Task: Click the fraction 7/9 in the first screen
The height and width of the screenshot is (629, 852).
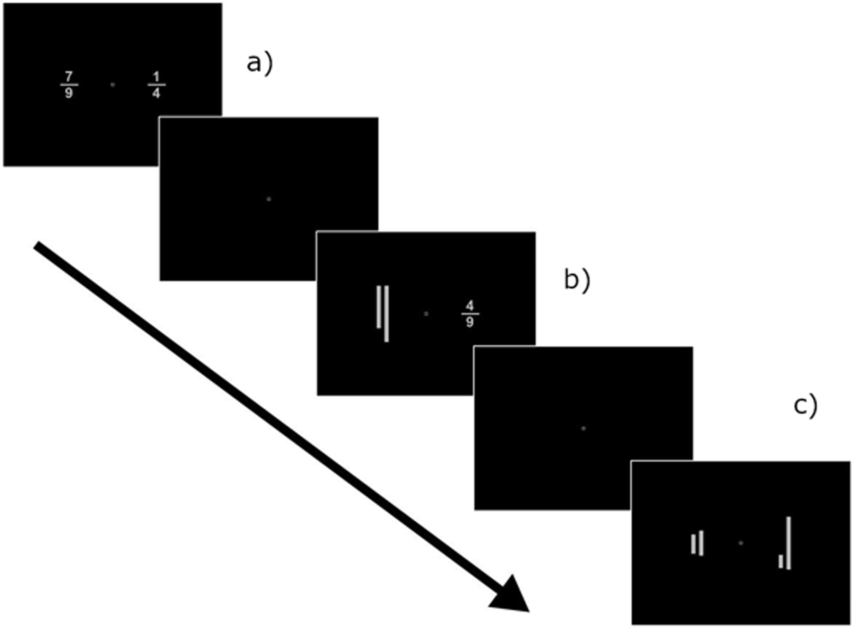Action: tap(69, 84)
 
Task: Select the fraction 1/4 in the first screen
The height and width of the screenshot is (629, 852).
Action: tap(156, 84)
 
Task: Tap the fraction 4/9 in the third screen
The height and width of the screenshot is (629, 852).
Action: tap(469, 313)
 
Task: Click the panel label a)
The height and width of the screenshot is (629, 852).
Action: tap(260, 63)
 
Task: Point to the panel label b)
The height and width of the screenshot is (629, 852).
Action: tap(577, 280)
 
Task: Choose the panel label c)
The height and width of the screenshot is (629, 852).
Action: tap(805, 405)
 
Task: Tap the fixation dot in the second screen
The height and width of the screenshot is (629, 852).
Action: tap(269, 199)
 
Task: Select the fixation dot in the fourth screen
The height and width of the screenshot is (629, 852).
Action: tap(583, 428)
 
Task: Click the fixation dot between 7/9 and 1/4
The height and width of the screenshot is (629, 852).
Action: tap(112, 84)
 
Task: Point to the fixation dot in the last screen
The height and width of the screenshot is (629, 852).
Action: tap(740, 543)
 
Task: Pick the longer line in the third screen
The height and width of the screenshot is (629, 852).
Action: tap(386, 313)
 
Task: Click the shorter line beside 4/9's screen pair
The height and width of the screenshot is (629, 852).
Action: tap(378, 307)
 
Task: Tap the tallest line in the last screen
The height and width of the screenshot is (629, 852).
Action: tap(788, 543)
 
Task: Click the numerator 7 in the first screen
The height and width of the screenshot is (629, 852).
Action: tap(69, 76)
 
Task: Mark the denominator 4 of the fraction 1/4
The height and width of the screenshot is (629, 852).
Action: tap(156, 93)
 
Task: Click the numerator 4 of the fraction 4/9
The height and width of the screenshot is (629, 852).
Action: tap(469, 305)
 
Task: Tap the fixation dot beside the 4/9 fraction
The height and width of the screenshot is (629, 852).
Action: tap(426, 314)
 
